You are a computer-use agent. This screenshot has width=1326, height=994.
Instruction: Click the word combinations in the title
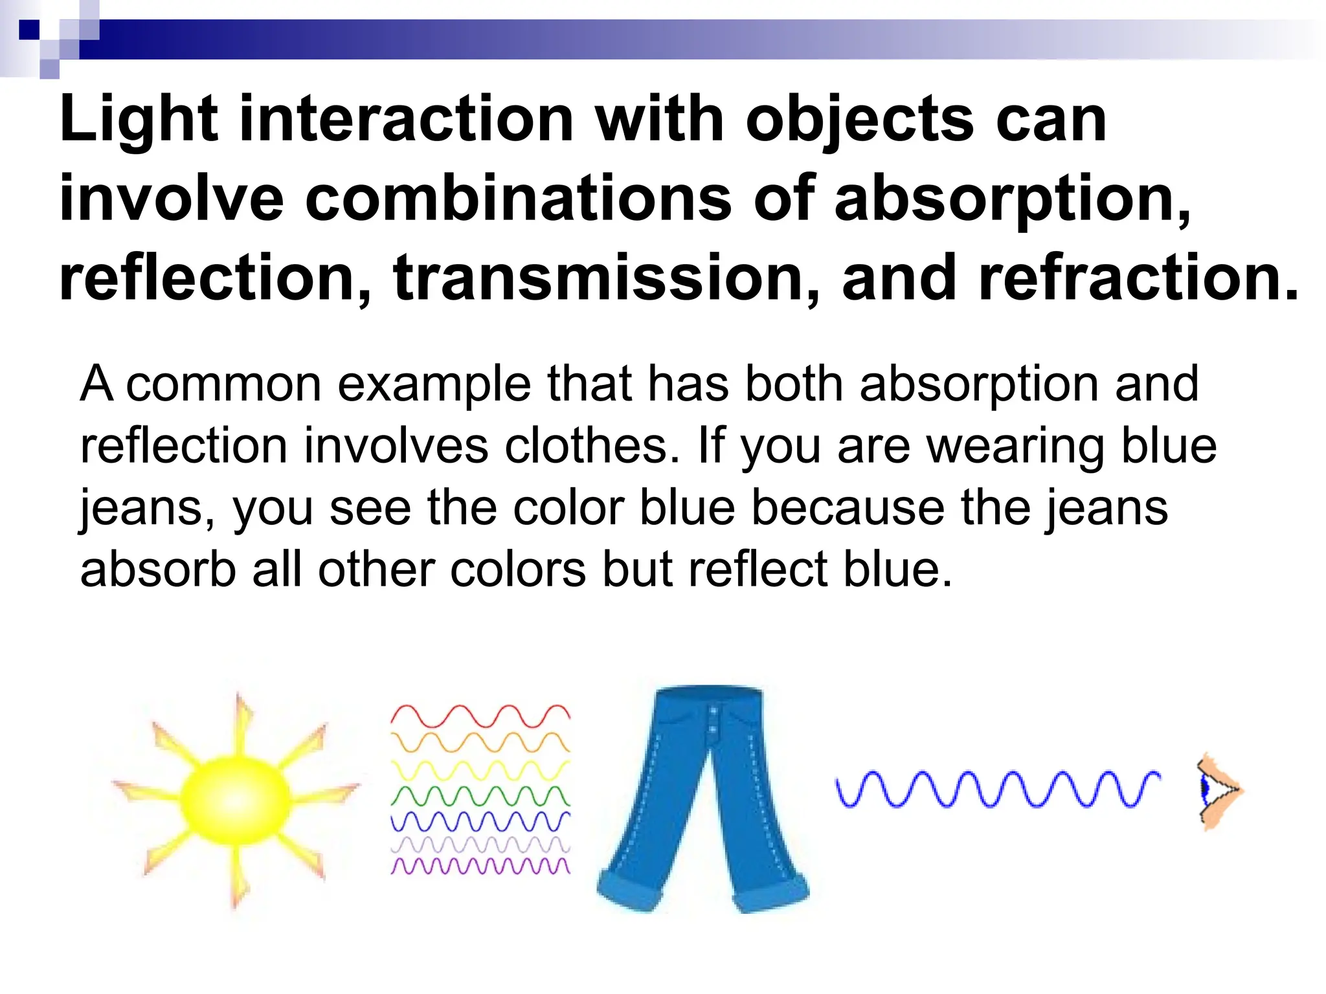point(518,199)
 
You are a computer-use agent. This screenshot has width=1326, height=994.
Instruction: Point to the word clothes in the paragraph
point(591,446)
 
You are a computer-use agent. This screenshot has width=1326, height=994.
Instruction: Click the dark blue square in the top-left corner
point(29,30)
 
